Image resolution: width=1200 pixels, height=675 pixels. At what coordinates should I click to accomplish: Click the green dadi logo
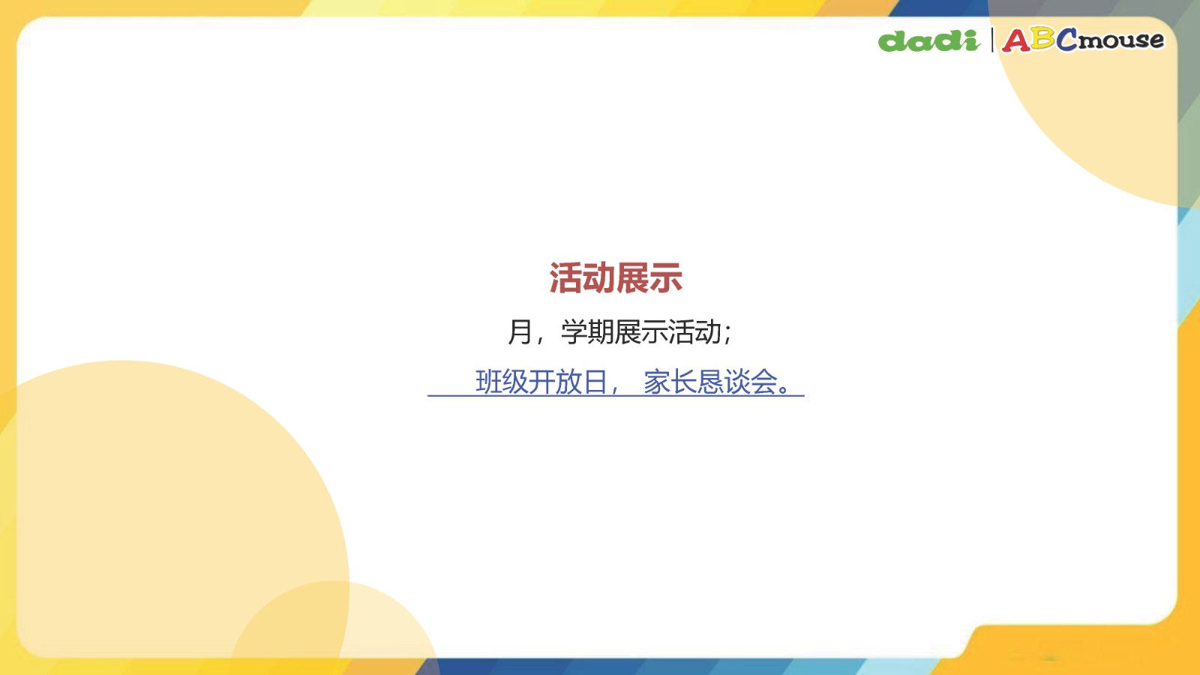[x=929, y=41]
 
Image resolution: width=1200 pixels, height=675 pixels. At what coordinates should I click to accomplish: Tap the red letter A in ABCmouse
[x=1016, y=40]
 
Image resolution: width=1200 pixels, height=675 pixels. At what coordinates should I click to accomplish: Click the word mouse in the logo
[x=1120, y=40]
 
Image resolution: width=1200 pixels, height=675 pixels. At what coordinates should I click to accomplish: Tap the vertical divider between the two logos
[x=992, y=40]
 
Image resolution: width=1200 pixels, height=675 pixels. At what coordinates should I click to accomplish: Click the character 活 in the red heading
[x=565, y=278]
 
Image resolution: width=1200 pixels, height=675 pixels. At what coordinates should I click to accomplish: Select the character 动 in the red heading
[x=599, y=278]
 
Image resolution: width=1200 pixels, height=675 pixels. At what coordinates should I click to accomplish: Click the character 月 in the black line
[x=520, y=331]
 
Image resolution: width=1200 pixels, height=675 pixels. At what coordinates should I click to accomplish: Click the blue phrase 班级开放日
[x=541, y=382]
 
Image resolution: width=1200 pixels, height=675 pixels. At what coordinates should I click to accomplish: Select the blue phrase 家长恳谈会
[x=709, y=382]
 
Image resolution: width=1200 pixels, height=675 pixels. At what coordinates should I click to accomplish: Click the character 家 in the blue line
[x=657, y=382]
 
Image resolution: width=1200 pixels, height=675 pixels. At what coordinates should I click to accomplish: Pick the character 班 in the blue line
[x=488, y=382]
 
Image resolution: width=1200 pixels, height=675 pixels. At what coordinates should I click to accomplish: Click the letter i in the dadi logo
[x=970, y=41]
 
